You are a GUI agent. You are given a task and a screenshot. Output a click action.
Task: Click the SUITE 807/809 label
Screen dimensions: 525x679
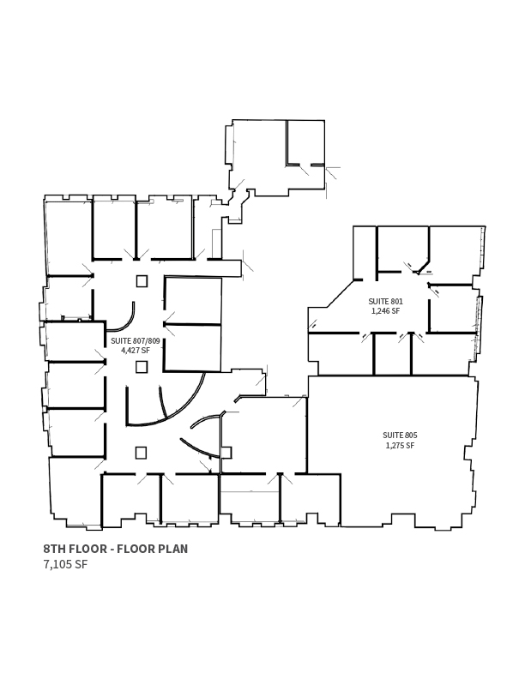(x=136, y=341)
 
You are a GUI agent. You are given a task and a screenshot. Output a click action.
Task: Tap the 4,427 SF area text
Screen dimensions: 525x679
(x=136, y=351)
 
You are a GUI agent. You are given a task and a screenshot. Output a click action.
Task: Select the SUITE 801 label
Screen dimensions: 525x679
(x=385, y=301)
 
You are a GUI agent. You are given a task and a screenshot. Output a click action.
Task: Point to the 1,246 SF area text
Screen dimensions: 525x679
(x=385, y=311)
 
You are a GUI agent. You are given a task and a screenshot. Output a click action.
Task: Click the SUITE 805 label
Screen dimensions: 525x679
(x=400, y=436)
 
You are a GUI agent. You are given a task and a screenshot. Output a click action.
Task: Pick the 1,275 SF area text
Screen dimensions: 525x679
(x=400, y=445)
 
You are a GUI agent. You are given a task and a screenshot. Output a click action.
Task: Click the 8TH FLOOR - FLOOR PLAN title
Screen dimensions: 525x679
(x=116, y=549)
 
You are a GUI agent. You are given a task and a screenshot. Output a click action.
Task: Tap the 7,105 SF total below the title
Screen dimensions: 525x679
(x=65, y=564)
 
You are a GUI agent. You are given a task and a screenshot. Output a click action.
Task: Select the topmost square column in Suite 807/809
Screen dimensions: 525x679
(x=142, y=281)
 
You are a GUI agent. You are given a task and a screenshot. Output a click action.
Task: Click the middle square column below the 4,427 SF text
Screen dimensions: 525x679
(x=142, y=367)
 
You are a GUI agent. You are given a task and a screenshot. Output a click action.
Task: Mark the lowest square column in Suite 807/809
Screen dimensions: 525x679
(x=142, y=453)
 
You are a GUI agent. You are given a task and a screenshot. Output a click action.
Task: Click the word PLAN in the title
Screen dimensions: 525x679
(x=172, y=549)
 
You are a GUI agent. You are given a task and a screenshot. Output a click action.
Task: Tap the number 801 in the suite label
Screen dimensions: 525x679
(x=397, y=301)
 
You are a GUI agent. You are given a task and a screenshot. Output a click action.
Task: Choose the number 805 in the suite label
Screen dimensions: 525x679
(x=412, y=436)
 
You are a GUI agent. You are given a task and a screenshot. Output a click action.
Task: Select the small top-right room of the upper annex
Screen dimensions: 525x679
(x=305, y=142)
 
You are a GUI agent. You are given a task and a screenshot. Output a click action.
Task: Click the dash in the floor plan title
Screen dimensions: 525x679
(x=112, y=550)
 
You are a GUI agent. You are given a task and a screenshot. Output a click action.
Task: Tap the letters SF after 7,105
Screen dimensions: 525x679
(x=81, y=564)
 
